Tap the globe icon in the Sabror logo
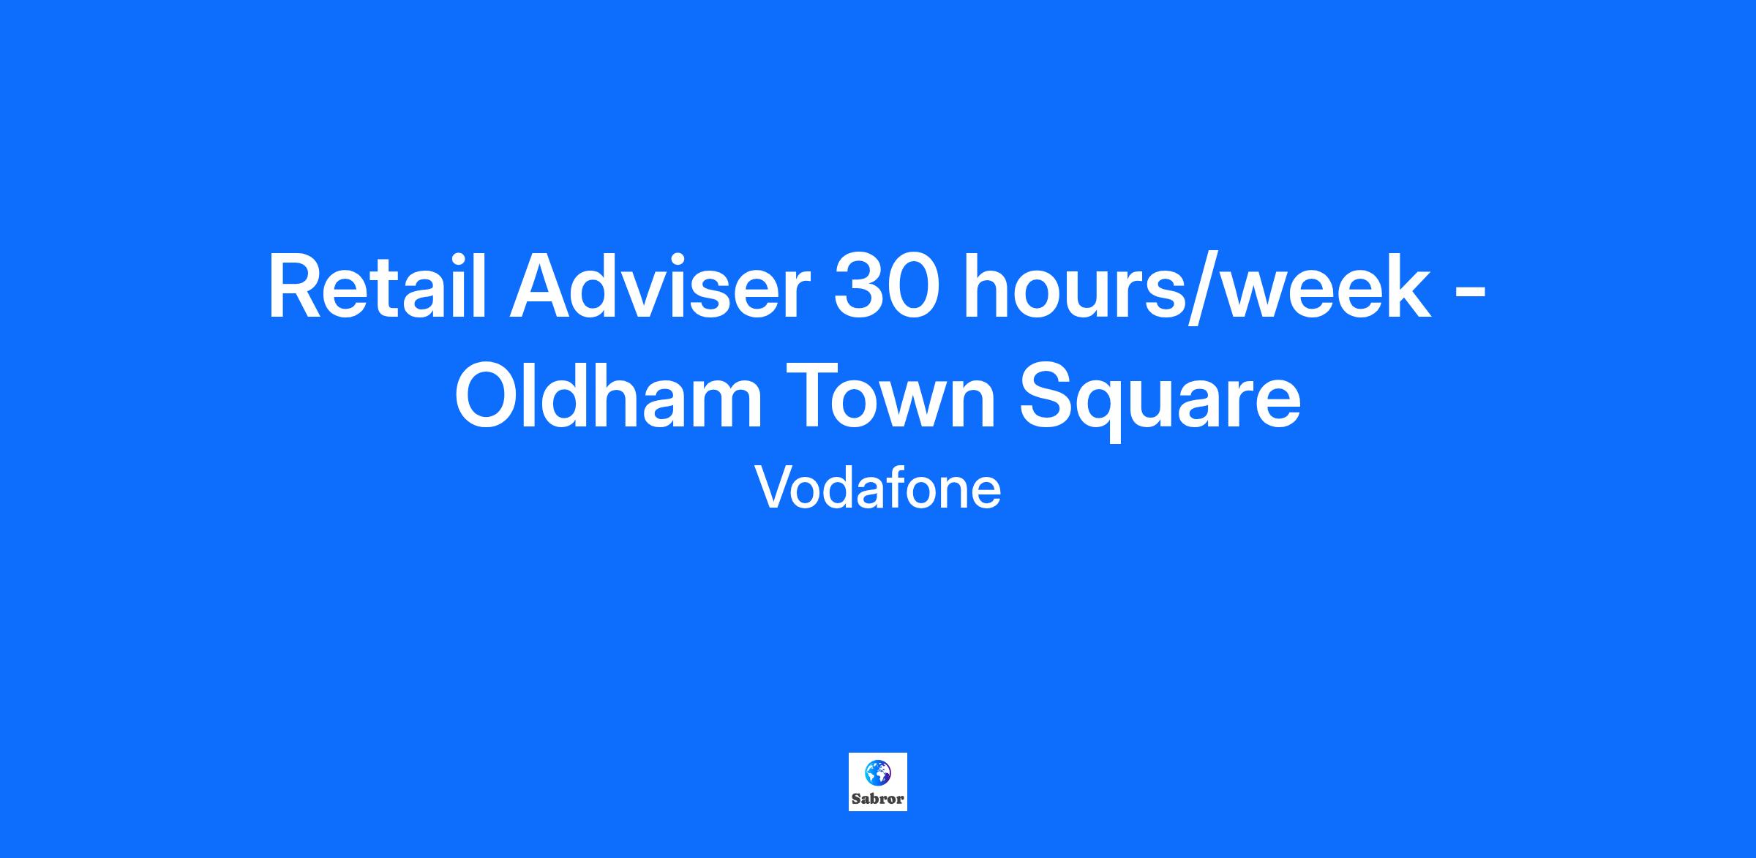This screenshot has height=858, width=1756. click(x=878, y=771)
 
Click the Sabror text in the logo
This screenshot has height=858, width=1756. click(x=878, y=799)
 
